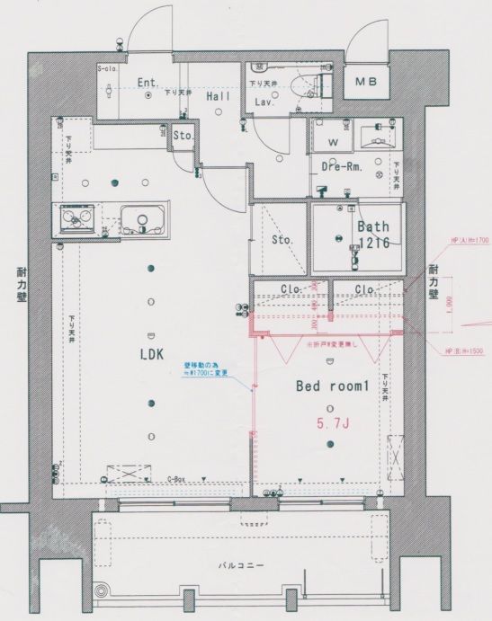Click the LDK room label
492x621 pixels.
[151, 354]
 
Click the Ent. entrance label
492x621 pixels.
[148, 84]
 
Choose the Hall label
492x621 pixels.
[219, 95]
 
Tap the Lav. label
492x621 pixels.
[264, 102]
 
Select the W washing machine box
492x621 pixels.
[332, 141]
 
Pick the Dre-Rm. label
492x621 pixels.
[341, 167]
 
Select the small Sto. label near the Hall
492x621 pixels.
[183, 137]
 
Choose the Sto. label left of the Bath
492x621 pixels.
[281, 240]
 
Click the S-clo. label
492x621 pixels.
[108, 68]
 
